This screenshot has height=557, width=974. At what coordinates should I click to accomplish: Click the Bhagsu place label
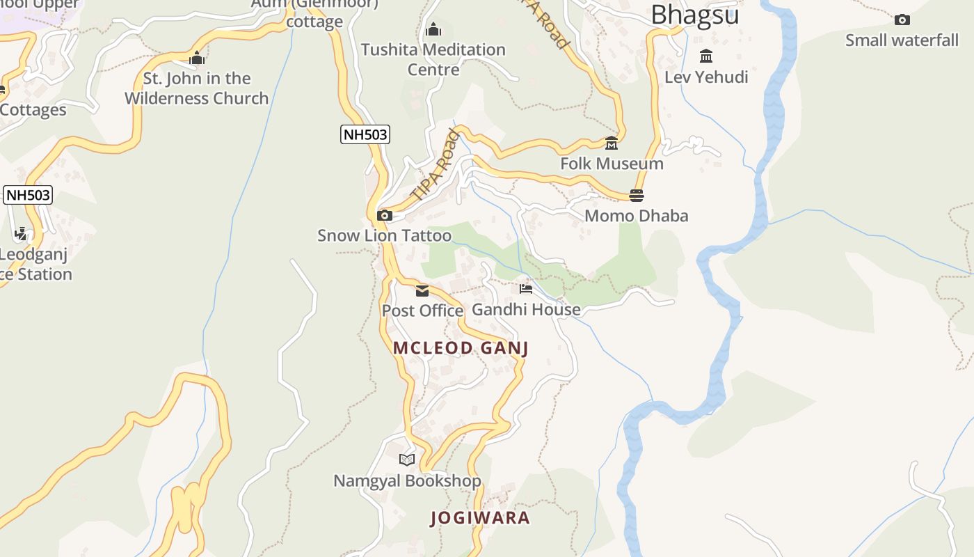tap(694, 14)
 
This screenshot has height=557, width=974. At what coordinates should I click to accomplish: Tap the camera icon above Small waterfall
tap(902, 19)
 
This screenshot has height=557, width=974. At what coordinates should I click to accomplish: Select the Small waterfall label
tap(902, 40)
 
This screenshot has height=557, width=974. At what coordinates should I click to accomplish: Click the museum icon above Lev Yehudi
tap(706, 56)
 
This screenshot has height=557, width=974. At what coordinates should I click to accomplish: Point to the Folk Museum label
tap(612, 164)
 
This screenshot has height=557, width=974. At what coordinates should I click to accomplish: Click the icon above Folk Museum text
tap(612, 143)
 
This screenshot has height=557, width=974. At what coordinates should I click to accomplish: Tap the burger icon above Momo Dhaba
tap(637, 196)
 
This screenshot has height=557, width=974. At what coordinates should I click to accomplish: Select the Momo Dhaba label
tap(636, 216)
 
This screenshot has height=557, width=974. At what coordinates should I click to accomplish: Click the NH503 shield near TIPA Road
tap(365, 134)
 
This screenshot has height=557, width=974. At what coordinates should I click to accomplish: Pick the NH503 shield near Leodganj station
tap(28, 195)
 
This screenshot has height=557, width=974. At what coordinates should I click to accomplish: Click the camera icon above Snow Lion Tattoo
tap(385, 216)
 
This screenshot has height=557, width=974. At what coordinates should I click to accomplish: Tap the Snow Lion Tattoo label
tap(384, 236)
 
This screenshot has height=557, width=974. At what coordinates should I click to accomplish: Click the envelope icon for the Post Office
tap(422, 291)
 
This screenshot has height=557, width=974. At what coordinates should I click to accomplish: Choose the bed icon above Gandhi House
tap(526, 289)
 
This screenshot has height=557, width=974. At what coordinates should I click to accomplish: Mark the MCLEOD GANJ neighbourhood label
tap(461, 348)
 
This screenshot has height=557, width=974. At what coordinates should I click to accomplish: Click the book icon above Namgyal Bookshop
tap(407, 460)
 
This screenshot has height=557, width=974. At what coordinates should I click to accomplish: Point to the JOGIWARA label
tap(480, 518)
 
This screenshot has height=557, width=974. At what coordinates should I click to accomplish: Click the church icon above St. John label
tap(197, 58)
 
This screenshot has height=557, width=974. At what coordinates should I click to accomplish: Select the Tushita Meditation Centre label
tap(433, 59)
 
